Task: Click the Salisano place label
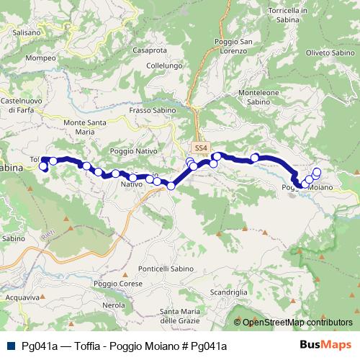pos(26,32)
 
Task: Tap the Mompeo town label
pos(40,58)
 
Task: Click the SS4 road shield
pos(201,148)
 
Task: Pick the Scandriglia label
pos(229,292)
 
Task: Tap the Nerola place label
pos(113,305)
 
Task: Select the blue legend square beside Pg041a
pos(12,346)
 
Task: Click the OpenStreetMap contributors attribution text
pos(298,322)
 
